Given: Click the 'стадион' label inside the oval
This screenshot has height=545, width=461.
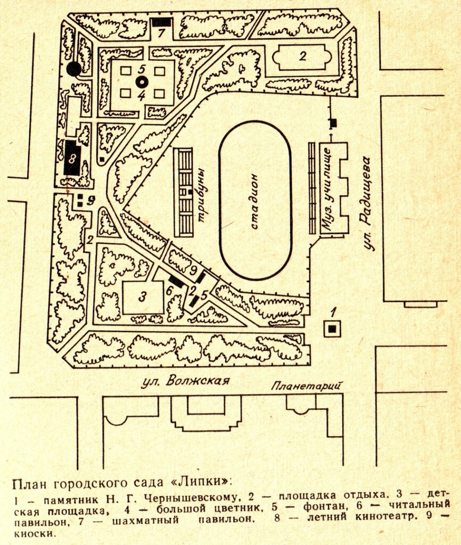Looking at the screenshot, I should (254, 201).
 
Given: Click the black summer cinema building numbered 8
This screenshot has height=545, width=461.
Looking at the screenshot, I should (72, 157).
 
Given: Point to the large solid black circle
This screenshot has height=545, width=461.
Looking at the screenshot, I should (74, 69).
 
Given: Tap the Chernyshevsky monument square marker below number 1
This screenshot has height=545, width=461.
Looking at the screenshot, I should (333, 329).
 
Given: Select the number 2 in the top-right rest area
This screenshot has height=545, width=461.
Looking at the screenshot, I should (302, 55).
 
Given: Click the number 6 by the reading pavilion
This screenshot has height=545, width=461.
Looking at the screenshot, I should (169, 291).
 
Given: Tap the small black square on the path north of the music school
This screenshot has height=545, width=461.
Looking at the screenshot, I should (334, 123).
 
